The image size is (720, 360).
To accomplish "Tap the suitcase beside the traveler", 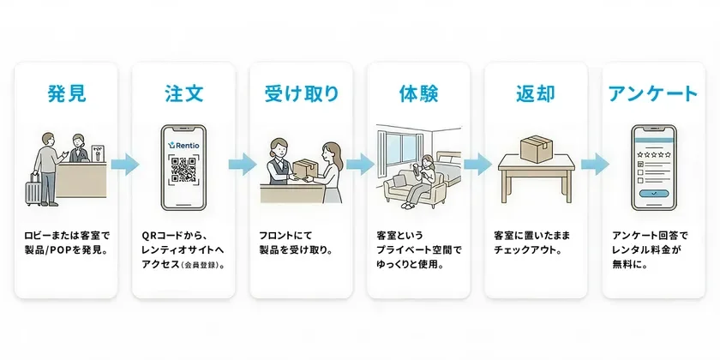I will [33, 189].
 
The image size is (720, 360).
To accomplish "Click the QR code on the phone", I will [183, 171].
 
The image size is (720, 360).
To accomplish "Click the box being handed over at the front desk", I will [303, 167].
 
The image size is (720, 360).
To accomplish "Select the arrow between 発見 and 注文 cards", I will [125, 163].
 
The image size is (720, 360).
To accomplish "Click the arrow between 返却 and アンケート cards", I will [593, 163].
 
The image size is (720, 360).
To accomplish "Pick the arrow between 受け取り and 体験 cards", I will [359, 163].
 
